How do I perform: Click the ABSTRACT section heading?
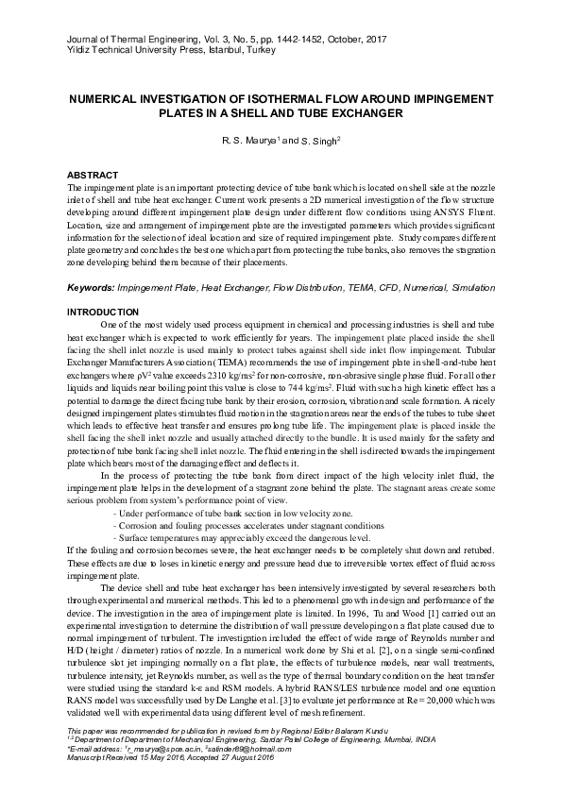coord(92,175)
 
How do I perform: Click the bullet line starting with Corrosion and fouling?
coord(244,522)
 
